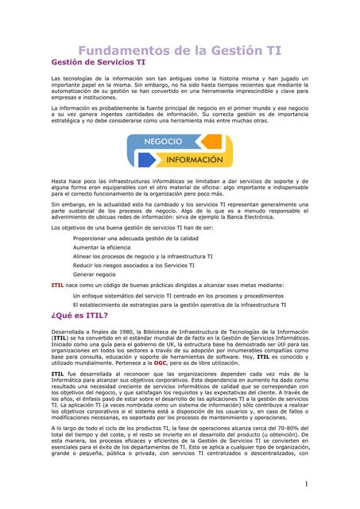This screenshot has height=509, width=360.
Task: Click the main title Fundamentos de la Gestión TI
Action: (x=179, y=50)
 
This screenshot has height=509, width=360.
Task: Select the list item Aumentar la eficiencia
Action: (x=104, y=247)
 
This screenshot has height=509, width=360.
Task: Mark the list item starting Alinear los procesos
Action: (x=142, y=256)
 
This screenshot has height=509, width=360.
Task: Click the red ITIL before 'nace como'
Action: (x=57, y=284)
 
